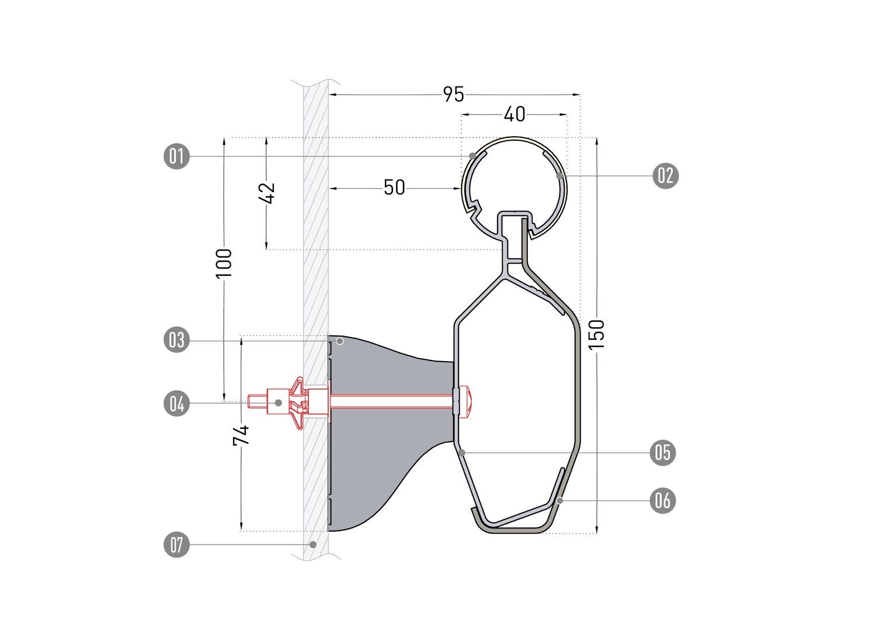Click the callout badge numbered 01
coord(176,157)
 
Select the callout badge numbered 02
coord(666,176)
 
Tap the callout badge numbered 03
coord(176,339)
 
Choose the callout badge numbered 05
coord(663,453)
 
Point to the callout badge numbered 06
coord(663,500)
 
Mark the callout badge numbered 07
coord(176,544)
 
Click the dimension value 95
coord(453,95)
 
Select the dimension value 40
coord(515,115)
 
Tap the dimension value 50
coord(394,188)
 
